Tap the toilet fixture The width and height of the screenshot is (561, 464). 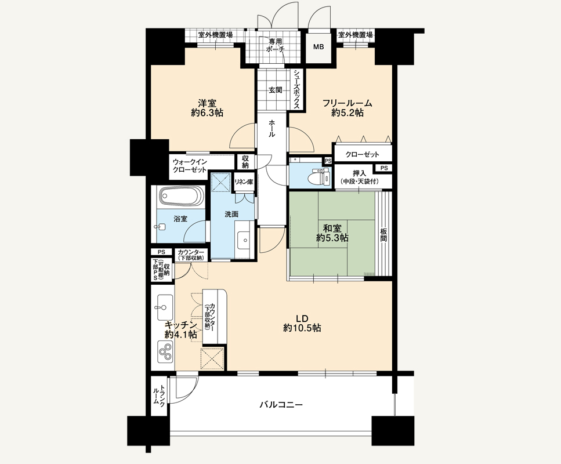pyautogui.click(x=320, y=176)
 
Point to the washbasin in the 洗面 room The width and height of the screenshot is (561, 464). pyautogui.click(x=244, y=239)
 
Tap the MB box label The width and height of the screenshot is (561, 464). pyautogui.click(x=318, y=47)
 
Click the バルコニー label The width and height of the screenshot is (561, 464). pyautogui.click(x=281, y=405)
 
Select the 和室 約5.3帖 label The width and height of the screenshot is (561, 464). pyautogui.click(x=332, y=233)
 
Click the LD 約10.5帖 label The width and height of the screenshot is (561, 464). pyautogui.click(x=302, y=323)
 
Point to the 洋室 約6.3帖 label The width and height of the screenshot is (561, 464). pyautogui.click(x=207, y=108)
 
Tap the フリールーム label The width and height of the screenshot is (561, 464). pyautogui.click(x=348, y=103)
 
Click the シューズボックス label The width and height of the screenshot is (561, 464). pyautogui.click(x=297, y=89)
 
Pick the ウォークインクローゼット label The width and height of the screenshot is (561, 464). pyautogui.click(x=190, y=166)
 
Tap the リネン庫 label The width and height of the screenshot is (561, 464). pyautogui.click(x=244, y=182)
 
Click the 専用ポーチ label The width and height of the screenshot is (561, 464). pyautogui.click(x=275, y=45)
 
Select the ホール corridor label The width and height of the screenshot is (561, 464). pyautogui.click(x=272, y=129)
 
